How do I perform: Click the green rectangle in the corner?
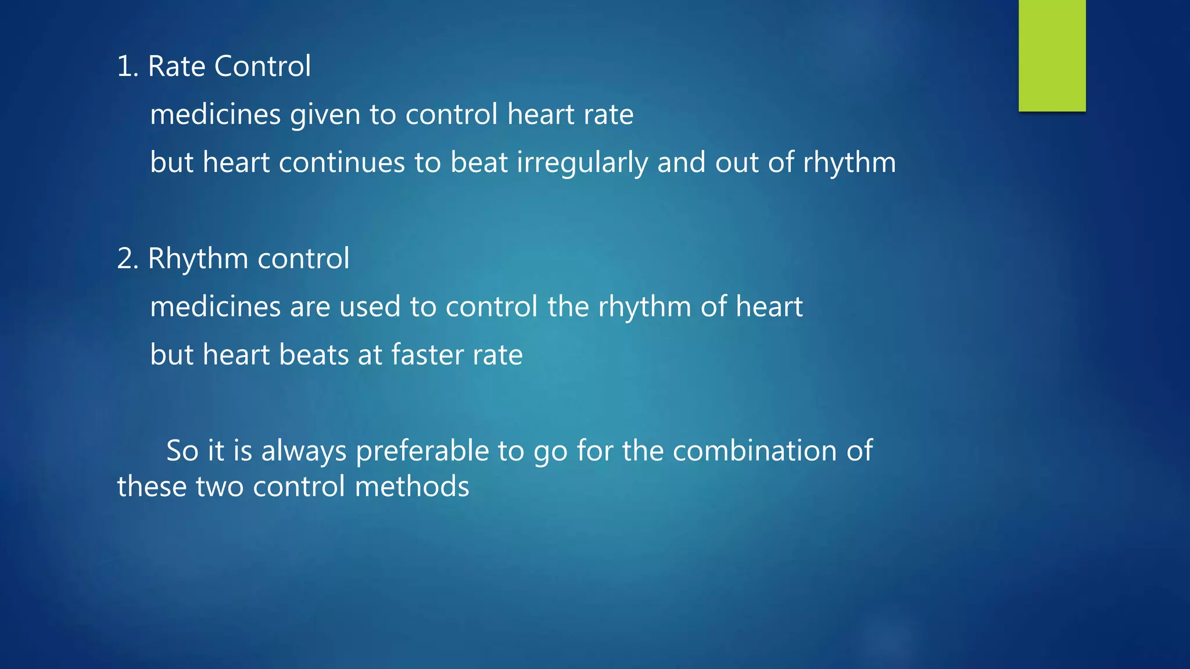coord(1052,55)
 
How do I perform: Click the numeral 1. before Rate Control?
coord(127,66)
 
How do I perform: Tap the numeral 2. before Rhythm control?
coord(127,258)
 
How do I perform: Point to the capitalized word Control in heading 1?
coord(263,66)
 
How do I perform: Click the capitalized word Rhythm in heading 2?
coord(198,258)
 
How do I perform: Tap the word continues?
coord(342,163)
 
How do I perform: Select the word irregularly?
coord(582,163)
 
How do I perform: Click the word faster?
coord(427,355)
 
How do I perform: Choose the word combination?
coord(755,451)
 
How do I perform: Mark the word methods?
coord(411,487)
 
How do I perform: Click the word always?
coord(304,451)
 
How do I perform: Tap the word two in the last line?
coord(220,487)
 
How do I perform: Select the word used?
coord(370,307)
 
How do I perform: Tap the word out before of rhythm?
coord(736,163)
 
